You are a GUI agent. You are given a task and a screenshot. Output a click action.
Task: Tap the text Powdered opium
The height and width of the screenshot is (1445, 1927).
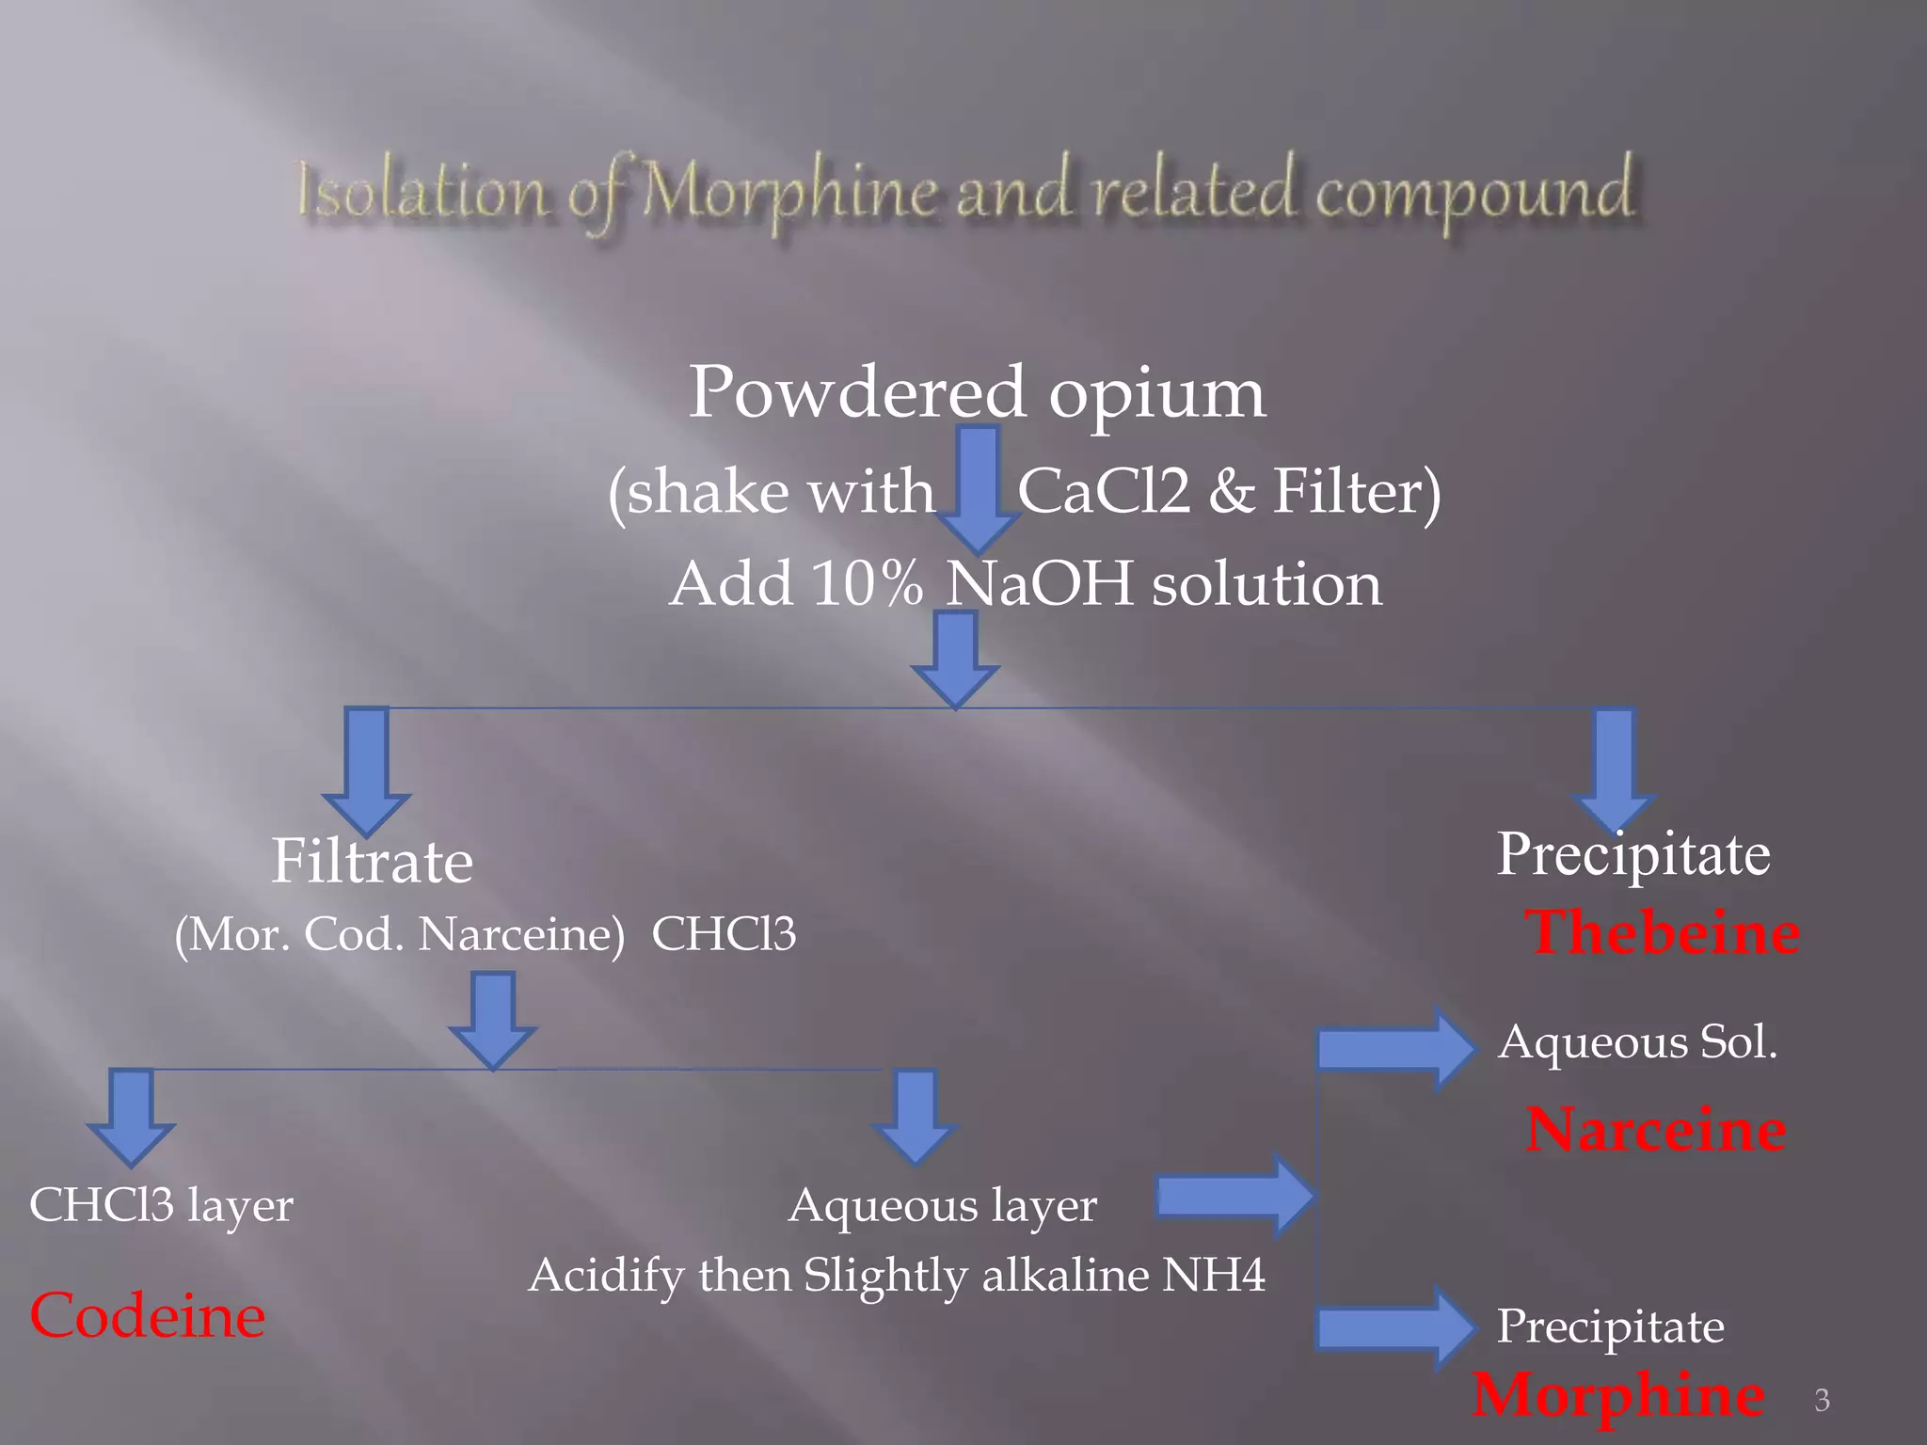[977, 392]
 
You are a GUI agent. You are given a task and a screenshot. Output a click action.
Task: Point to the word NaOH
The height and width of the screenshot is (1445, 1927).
[1039, 584]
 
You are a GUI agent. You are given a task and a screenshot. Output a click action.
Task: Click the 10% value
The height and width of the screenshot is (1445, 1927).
[867, 584]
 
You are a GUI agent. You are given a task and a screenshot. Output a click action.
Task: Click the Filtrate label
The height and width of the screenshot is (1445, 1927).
[372, 862]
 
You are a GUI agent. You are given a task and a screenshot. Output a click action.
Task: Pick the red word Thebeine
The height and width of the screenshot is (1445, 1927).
[1662, 933]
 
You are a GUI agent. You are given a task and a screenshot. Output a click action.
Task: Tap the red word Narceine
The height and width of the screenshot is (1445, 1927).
[1656, 1129]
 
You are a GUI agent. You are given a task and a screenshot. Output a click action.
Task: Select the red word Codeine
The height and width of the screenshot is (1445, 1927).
[148, 1315]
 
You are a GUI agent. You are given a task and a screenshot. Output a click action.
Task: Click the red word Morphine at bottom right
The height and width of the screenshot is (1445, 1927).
[1618, 1394]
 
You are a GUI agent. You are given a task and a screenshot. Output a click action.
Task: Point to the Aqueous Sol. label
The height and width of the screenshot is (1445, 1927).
[1637, 1042]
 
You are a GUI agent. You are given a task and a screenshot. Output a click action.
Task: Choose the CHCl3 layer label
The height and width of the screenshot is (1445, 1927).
[161, 1205]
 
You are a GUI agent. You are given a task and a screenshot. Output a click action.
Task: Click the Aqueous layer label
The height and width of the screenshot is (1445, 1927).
[942, 1205]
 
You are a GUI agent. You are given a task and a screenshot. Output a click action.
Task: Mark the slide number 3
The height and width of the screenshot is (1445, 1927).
[1822, 1401]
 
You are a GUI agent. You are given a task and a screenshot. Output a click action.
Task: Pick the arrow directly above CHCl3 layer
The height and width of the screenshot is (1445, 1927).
[131, 1116]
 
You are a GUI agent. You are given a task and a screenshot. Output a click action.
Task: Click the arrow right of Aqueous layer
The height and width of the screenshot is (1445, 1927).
[1234, 1196]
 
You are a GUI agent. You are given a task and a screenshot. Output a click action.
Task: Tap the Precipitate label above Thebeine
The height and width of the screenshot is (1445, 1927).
[1633, 854]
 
